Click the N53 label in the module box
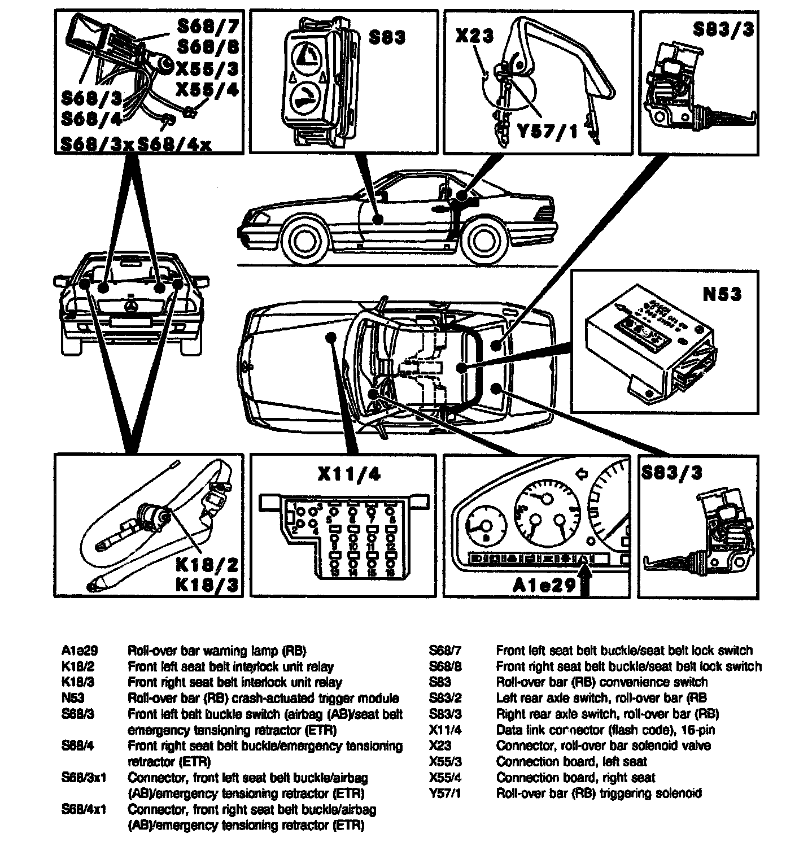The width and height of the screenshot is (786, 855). (x=721, y=294)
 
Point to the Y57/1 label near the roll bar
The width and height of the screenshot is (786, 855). (x=548, y=132)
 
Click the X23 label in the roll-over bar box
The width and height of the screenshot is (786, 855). (x=474, y=37)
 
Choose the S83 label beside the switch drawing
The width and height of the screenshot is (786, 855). (x=387, y=38)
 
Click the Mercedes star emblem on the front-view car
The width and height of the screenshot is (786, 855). (x=132, y=306)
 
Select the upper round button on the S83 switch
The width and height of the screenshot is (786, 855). (x=306, y=56)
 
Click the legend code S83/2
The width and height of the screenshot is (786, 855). (x=445, y=698)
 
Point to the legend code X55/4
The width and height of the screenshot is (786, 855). (x=445, y=777)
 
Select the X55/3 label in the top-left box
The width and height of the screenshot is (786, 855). (x=207, y=69)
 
